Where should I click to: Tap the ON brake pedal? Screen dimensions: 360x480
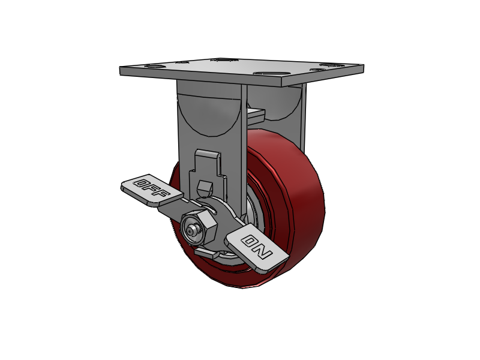point(257,247)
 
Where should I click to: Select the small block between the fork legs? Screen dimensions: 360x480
point(255,112)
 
